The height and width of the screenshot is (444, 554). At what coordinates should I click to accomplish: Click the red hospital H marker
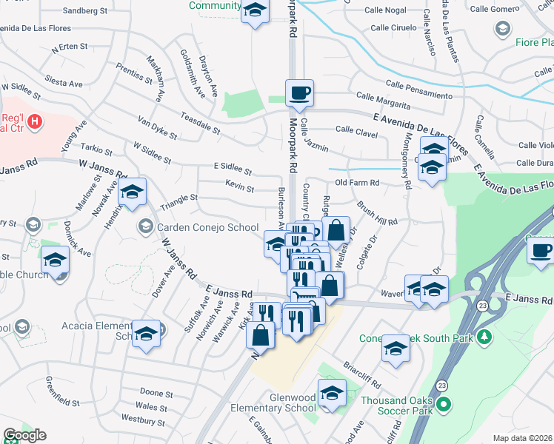33,121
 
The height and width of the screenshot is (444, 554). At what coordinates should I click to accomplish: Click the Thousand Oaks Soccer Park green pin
444,405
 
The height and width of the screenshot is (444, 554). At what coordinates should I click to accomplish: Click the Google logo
24,435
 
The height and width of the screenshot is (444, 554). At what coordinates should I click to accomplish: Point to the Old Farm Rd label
357,182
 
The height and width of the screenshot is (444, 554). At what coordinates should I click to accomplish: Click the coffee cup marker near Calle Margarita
299,94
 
